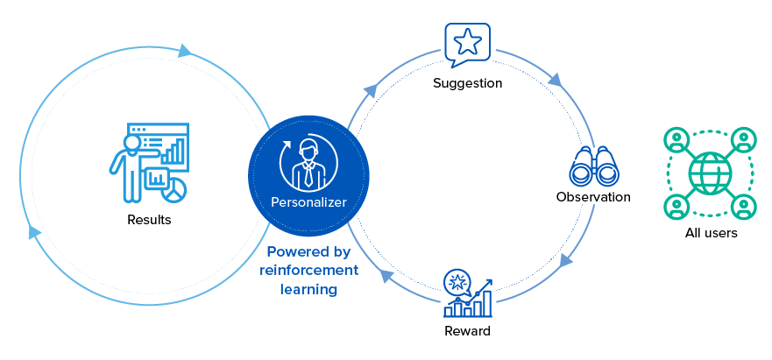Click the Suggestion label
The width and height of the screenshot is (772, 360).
[467, 84]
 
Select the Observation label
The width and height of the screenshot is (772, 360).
[593, 197]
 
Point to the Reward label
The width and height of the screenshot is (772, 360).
[467, 331]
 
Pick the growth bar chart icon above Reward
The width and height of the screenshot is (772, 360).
[468, 295]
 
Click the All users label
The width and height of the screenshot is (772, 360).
[711, 233]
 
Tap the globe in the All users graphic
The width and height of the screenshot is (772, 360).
[710, 173]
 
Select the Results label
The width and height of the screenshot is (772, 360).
[149, 219]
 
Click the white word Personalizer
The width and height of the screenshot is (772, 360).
[308, 202]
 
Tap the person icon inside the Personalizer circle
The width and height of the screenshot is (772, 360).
[309, 161]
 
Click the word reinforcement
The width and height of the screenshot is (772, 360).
[309, 270]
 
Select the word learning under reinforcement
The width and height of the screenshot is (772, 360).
[308, 289]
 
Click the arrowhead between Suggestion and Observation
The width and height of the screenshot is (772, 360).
[555, 81]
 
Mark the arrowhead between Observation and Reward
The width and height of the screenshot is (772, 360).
[566, 260]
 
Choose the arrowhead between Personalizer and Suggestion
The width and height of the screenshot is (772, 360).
[371, 89]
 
